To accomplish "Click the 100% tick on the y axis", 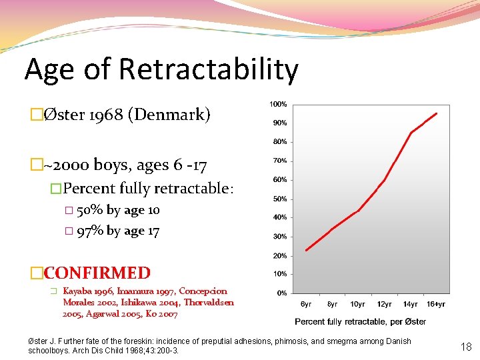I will pyautogui.click(x=278, y=104).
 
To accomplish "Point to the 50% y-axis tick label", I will pyautogui.click(x=279, y=199).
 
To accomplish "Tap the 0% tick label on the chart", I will pyautogui.click(x=282, y=293).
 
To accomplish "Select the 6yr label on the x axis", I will pyautogui.click(x=305, y=304).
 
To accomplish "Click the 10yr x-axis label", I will pyautogui.click(x=357, y=304).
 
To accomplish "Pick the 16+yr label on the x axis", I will pyautogui.click(x=436, y=304).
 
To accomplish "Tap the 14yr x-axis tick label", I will pyautogui.click(x=410, y=304).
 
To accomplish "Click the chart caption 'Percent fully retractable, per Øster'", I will pyautogui.click(x=360, y=321).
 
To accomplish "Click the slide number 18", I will pyautogui.click(x=466, y=346).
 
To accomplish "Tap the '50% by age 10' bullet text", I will pyautogui.click(x=118, y=210).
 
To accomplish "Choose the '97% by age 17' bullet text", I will pyautogui.click(x=118, y=231).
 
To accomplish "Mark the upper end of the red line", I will pyautogui.click(x=437, y=113).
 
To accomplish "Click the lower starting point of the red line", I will pyautogui.click(x=306, y=250).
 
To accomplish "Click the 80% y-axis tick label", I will pyautogui.click(x=279, y=142).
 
